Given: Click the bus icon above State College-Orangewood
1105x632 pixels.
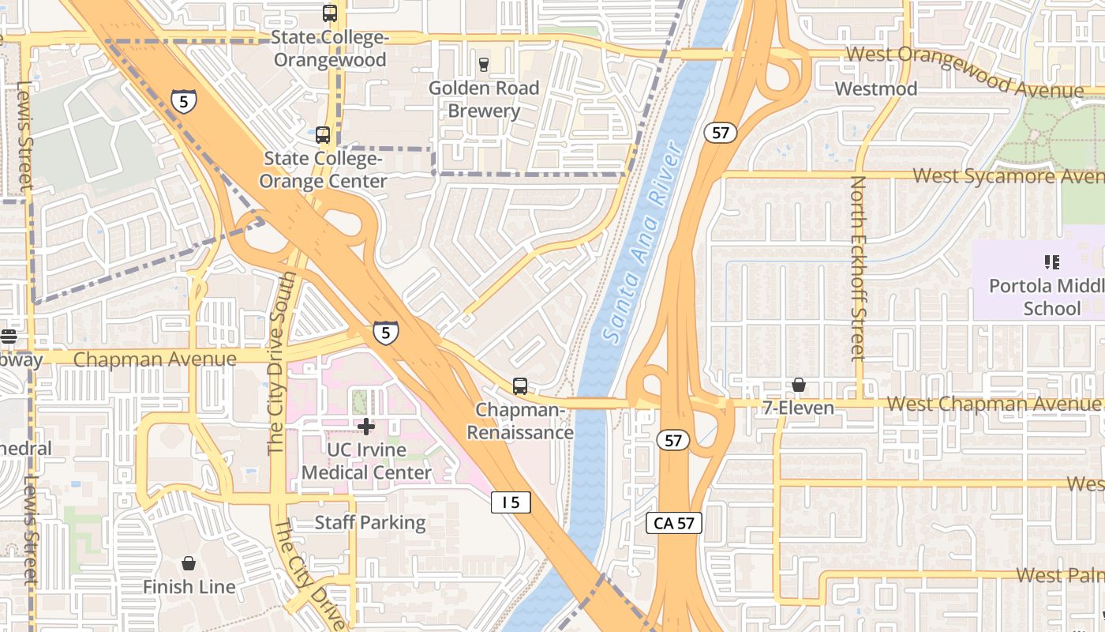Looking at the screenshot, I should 330,13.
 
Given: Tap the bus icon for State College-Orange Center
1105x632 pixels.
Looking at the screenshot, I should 323,135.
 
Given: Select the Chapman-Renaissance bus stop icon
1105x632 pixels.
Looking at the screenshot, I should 519,386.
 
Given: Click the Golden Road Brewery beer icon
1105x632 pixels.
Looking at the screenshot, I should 484,64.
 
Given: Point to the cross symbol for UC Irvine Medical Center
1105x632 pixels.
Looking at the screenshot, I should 366,427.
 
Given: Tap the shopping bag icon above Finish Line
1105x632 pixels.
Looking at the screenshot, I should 189,563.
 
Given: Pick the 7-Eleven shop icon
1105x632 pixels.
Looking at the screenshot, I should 799,385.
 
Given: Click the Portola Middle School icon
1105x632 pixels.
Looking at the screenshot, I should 1051,261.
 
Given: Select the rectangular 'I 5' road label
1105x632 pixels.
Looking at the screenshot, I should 511,502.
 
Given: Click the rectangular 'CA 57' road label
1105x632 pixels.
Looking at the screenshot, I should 674,522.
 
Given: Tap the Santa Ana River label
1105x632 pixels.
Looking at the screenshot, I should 641,241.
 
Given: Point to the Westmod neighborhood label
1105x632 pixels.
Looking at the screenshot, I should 876,88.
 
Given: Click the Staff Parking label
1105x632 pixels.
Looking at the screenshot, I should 370,522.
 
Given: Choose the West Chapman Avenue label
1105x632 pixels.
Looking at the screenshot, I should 994,404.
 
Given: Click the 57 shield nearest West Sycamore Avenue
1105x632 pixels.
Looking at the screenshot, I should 721,133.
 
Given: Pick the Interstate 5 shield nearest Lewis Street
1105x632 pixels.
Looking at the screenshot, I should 184,100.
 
